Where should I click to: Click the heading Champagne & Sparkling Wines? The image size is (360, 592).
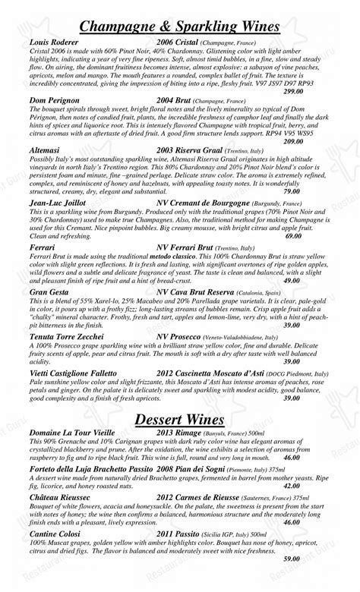[179, 27]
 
